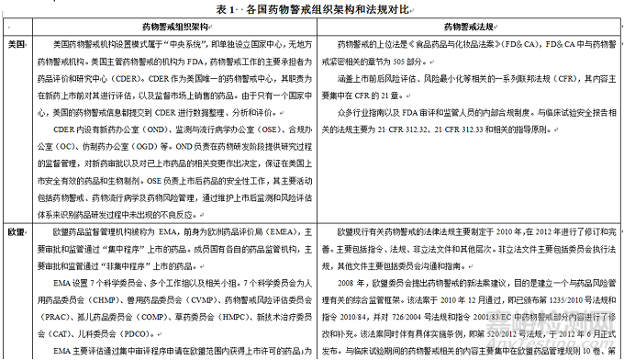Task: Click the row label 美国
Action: tap(16, 43)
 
